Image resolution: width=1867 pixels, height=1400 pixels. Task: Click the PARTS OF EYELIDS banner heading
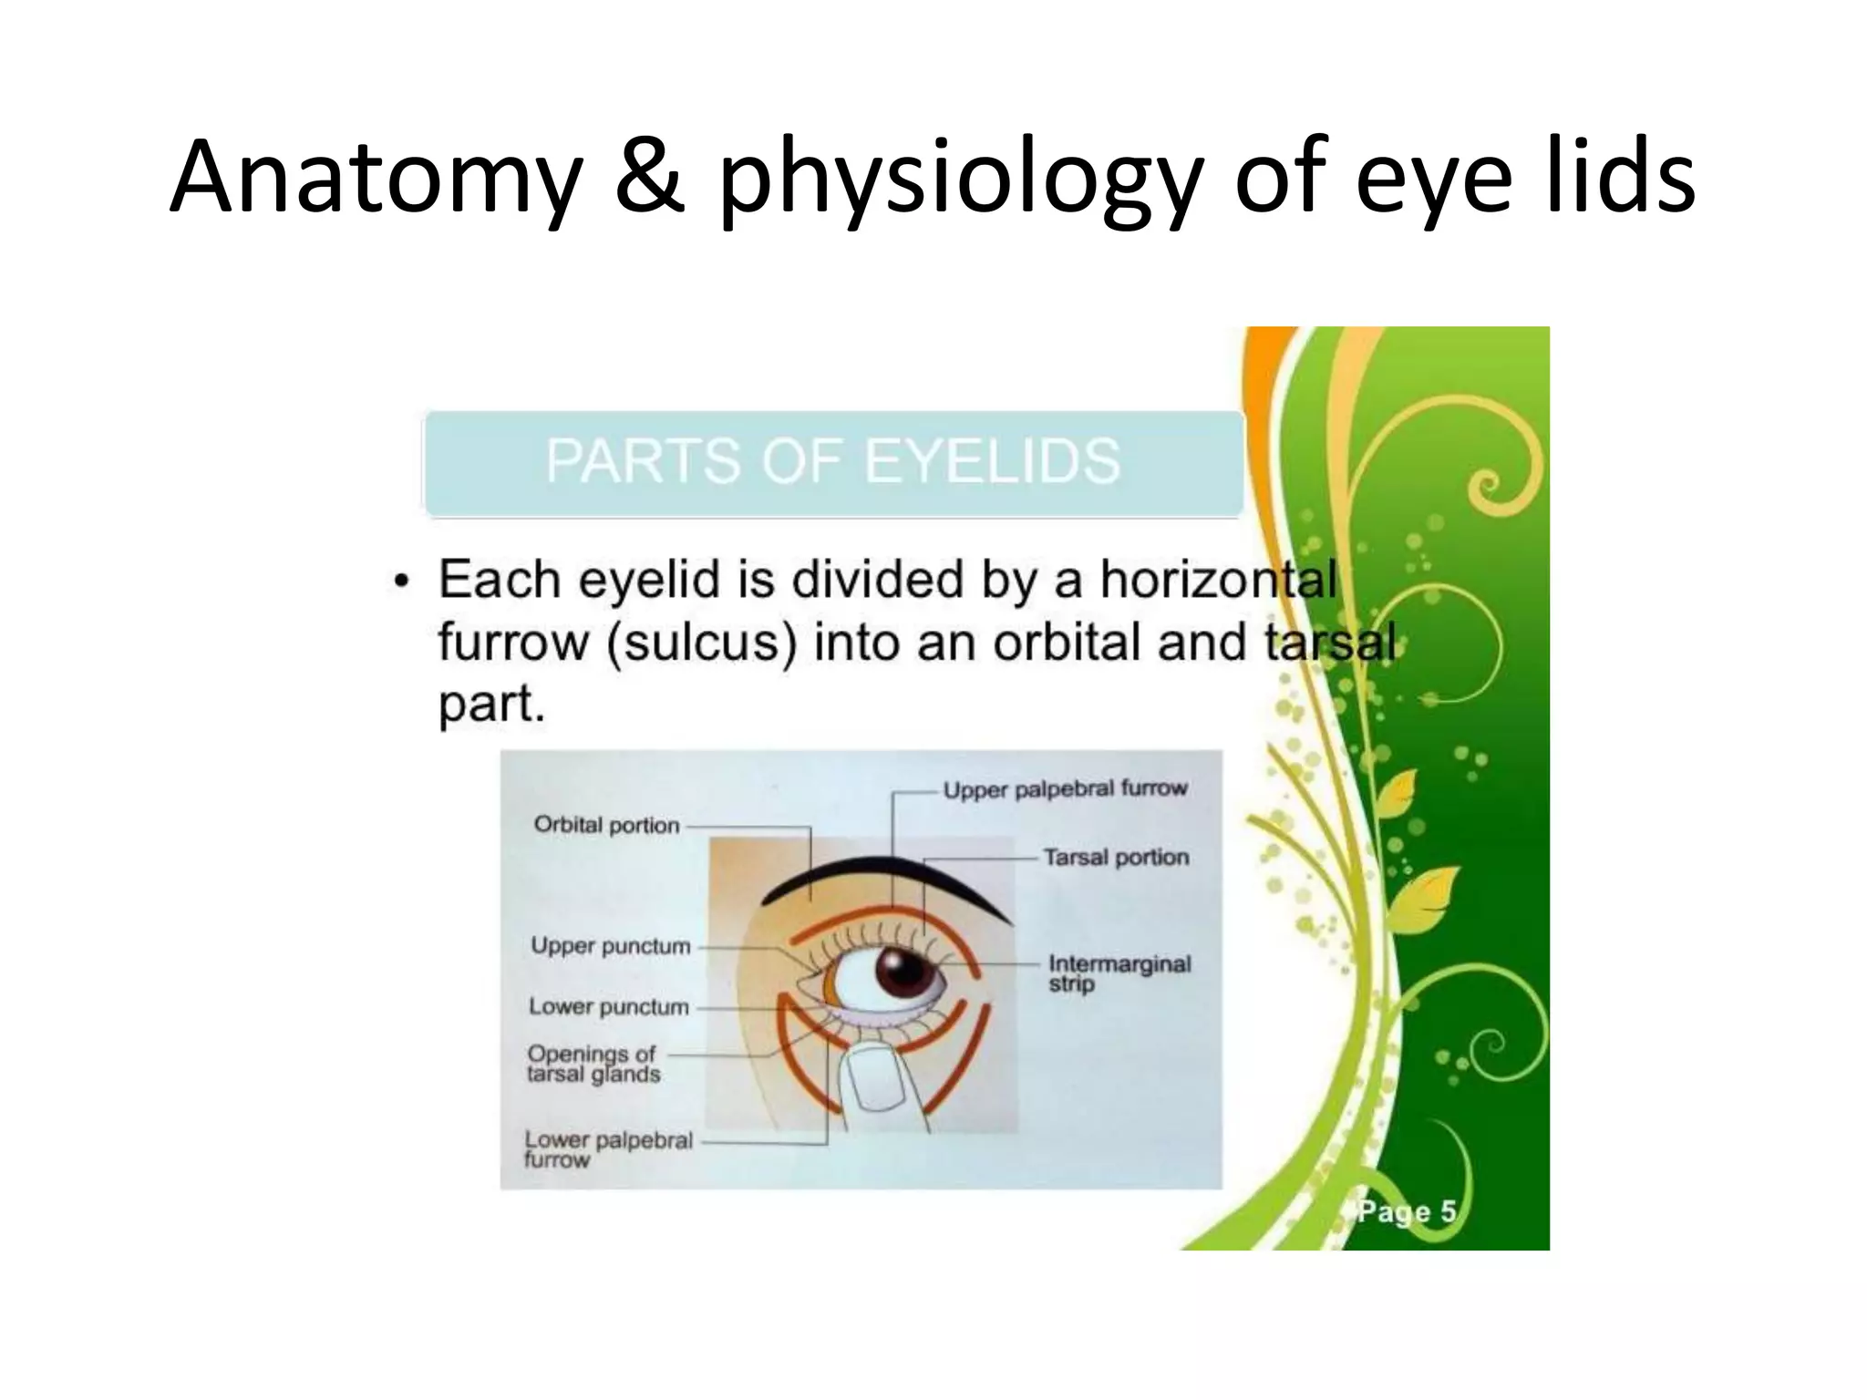click(x=833, y=461)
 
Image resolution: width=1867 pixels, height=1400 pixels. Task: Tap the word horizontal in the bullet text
click(x=1218, y=580)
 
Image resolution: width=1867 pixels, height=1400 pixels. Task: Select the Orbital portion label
click(x=606, y=825)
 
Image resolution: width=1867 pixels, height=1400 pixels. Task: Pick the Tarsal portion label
click(x=1116, y=858)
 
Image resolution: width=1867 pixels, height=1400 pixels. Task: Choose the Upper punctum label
click(x=611, y=946)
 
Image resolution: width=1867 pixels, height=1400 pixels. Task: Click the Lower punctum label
click(x=609, y=1007)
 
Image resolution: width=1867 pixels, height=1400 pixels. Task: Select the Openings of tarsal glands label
click(x=593, y=1064)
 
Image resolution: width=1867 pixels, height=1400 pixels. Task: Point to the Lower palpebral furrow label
click(x=608, y=1149)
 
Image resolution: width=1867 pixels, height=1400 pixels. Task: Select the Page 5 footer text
click(x=1407, y=1212)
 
